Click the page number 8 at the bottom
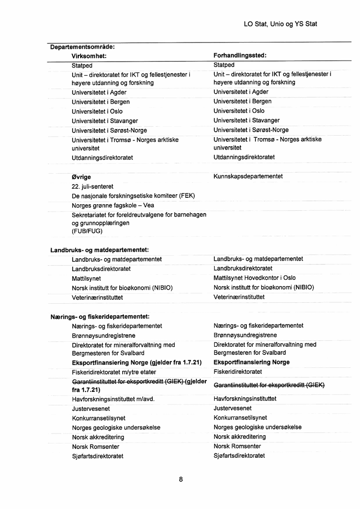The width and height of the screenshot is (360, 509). tap(181, 479)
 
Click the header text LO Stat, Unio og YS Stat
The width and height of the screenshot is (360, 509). tap(280, 24)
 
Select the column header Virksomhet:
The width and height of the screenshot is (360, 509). tap(89, 56)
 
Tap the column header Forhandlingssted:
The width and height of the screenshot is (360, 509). tap(240, 56)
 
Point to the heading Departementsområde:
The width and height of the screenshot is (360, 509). tap(82, 47)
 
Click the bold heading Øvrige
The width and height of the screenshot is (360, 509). tap(81, 177)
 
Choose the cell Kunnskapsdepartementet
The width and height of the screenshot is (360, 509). tap(248, 176)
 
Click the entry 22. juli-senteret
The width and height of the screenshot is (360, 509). tap(93, 186)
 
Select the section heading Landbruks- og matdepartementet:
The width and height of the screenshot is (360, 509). tap(100, 250)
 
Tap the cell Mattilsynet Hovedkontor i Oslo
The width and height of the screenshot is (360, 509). tap(254, 278)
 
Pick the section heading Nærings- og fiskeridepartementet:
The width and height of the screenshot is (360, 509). tap(100, 316)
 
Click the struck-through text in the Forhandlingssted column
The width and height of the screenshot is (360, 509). tap(269, 385)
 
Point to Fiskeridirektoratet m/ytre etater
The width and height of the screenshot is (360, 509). tap(114, 372)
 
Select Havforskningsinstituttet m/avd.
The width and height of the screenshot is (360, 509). tap(113, 399)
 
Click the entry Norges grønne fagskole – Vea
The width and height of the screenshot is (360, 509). tap(113, 205)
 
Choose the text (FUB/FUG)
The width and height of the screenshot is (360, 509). tap(87, 231)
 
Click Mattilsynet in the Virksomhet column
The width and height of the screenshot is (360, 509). tap(86, 278)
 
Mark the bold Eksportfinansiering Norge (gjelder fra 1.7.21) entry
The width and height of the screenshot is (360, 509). tap(137, 362)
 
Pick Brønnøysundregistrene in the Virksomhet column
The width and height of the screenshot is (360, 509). tap(104, 335)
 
